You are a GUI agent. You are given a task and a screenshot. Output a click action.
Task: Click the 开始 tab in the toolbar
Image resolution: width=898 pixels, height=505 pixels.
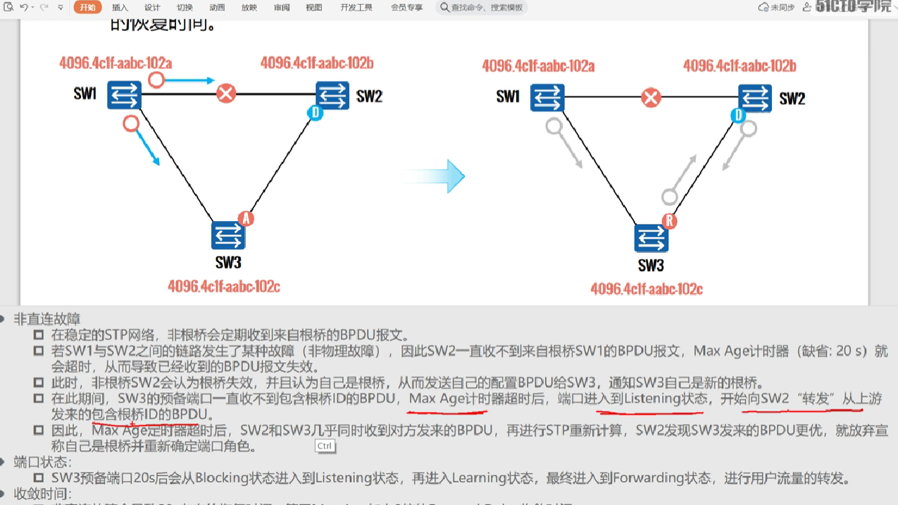[x=87, y=8]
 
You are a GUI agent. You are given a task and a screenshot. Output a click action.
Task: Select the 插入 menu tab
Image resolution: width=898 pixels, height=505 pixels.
[x=120, y=8]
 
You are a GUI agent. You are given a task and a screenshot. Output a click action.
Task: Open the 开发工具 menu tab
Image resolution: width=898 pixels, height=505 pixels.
[x=356, y=8]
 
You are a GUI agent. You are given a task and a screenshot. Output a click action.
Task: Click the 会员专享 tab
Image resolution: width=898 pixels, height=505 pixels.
[x=406, y=8]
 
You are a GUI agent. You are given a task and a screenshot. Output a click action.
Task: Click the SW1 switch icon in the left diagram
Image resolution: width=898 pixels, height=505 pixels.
[x=124, y=95]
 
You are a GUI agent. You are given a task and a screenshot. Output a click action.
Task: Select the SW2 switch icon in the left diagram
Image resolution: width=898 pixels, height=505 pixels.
[x=332, y=95]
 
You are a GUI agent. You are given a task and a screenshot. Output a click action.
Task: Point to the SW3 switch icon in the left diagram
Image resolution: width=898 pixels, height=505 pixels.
[x=228, y=235]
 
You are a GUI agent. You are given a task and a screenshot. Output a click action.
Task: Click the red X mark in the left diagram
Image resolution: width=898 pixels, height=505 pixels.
[x=226, y=94]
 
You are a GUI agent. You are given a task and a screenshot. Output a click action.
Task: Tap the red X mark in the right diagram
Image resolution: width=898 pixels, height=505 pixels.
[x=651, y=97]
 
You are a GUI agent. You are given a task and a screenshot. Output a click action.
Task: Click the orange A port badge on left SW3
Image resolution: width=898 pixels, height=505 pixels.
[x=246, y=218]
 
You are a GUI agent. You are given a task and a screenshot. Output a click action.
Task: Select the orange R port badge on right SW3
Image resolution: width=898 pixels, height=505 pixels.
[x=669, y=221]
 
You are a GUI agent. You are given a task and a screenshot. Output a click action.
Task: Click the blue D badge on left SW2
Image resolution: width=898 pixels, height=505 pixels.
[x=316, y=113]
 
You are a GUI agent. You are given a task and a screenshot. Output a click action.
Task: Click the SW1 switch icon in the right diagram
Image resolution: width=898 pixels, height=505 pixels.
[x=547, y=98]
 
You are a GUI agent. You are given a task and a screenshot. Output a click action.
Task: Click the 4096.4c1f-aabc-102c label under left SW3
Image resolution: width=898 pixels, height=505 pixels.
[x=224, y=286]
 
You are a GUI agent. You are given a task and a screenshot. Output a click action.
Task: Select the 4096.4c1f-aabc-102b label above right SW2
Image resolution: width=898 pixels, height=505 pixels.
[x=740, y=66]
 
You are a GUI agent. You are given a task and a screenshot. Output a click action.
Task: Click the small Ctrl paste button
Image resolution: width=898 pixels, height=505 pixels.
[x=325, y=446]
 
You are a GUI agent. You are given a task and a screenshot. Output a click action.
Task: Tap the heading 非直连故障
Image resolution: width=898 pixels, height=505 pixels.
[x=47, y=319]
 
